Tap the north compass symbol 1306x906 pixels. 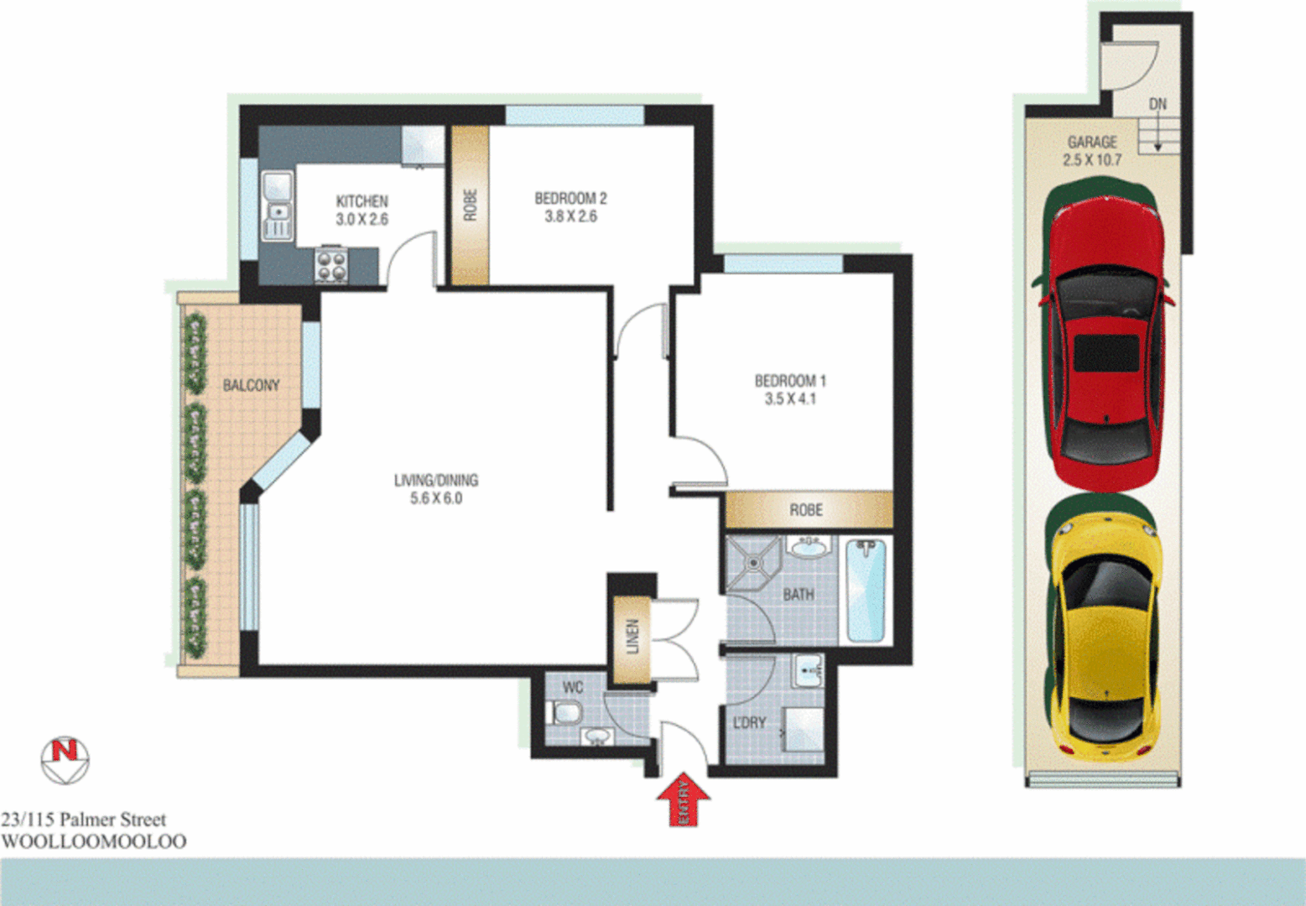65,760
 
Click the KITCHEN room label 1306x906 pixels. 362,201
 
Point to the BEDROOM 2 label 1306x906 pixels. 570,199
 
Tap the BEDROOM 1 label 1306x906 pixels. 790,381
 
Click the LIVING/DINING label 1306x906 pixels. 436,481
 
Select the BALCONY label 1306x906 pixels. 251,385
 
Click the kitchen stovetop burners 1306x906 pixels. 331,265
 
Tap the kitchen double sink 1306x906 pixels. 278,206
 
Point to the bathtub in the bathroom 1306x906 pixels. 866,591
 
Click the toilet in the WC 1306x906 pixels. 565,714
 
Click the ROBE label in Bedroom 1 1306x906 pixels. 806,510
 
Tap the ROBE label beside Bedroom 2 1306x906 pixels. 471,206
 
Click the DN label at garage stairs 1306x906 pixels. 1158,104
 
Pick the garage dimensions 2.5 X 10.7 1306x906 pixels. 1092,159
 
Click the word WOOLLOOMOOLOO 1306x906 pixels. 94,841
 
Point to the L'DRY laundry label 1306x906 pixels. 749,722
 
